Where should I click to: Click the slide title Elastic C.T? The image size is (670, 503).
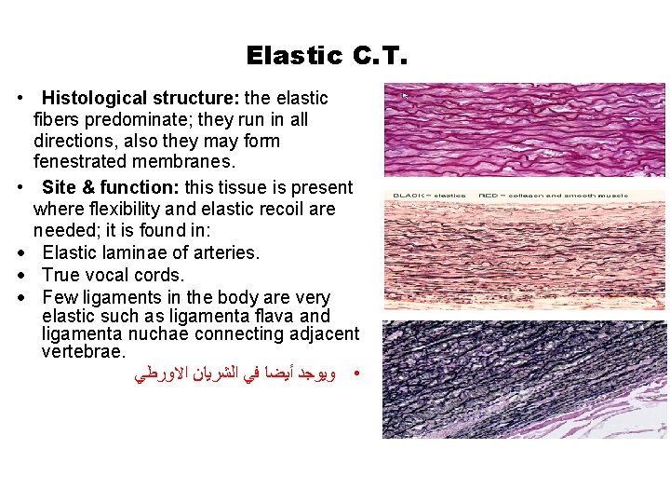(328, 56)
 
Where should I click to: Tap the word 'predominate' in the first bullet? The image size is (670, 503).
(122, 120)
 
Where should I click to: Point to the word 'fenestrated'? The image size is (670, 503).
(78, 163)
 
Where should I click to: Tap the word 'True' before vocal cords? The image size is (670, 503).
(61, 275)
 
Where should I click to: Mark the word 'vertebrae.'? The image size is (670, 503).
(83, 352)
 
